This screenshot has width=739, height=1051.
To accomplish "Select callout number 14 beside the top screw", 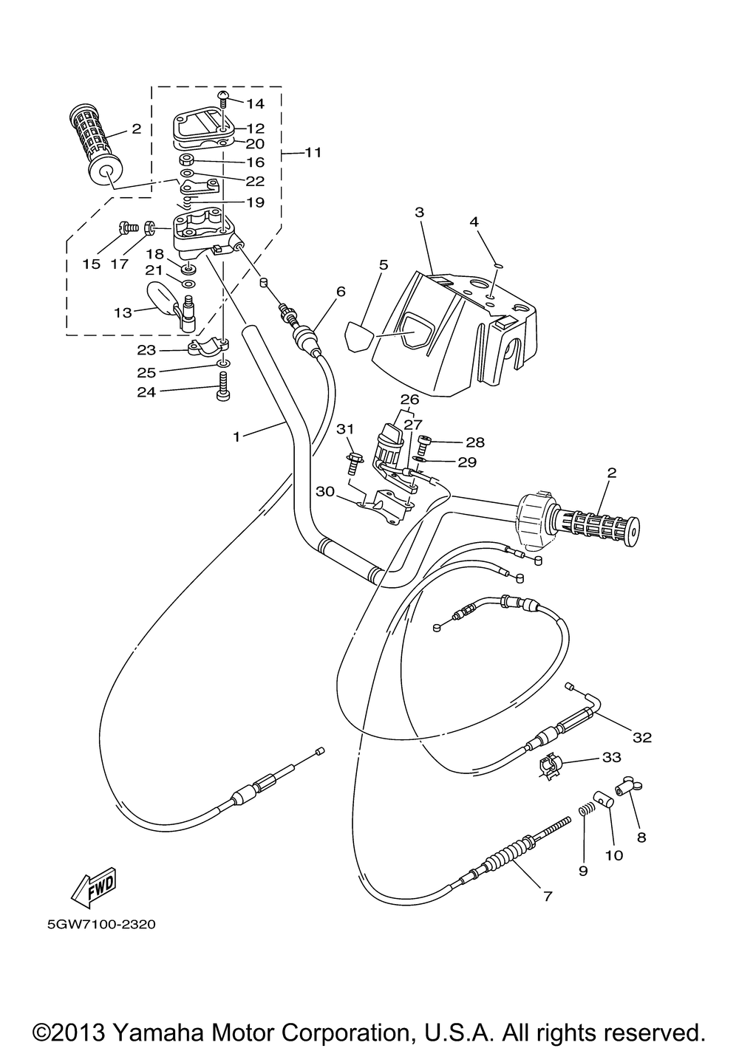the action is click(256, 103).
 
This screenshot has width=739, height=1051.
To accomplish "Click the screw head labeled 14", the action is click(223, 97).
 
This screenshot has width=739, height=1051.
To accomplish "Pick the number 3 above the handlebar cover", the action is click(419, 212).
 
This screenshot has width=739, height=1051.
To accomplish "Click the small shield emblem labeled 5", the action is click(358, 335).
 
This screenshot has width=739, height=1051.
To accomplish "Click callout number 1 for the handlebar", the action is click(237, 437).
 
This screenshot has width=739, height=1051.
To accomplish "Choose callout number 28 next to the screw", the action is click(474, 442).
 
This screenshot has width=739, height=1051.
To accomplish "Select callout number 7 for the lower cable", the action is click(548, 896).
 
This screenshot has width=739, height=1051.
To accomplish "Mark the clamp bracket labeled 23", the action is click(208, 347).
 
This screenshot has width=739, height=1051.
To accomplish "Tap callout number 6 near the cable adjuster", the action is click(341, 292).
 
